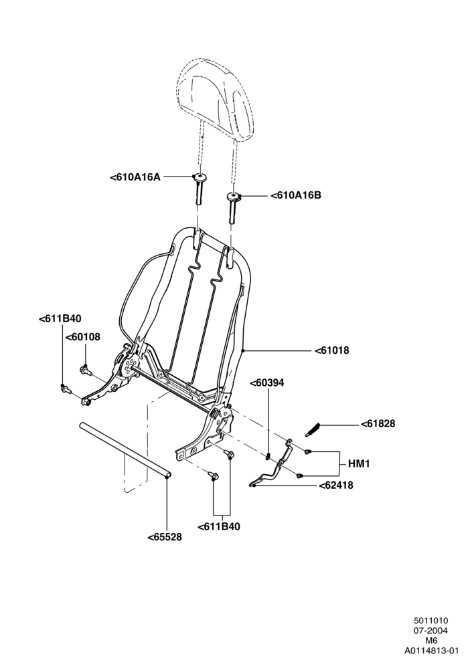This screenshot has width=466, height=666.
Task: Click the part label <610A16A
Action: click(135, 177)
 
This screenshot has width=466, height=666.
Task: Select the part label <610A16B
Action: click(296, 195)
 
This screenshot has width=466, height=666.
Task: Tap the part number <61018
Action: click(331, 350)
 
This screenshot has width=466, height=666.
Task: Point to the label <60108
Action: click(82, 337)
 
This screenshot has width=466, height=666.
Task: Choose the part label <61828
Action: click(378, 423)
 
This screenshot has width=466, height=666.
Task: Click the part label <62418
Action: click(336, 485)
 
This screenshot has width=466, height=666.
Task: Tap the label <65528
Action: click(165, 537)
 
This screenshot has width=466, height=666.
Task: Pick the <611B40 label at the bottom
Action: click(218, 526)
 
